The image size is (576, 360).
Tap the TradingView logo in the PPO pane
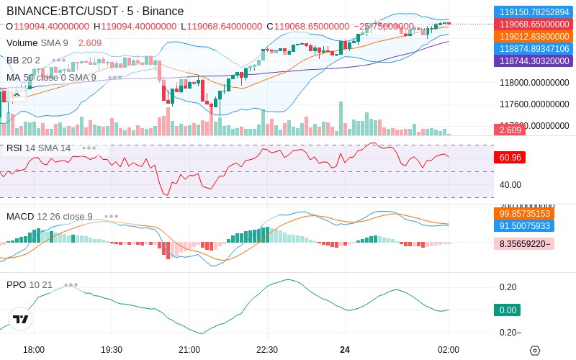(x=21, y=319)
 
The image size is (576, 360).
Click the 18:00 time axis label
(x=34, y=349)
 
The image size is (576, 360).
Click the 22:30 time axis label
(x=267, y=349)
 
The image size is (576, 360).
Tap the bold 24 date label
(x=345, y=349)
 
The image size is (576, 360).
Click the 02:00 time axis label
(x=448, y=349)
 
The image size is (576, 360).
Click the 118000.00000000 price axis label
(x=534, y=84)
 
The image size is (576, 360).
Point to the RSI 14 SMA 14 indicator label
(x=39, y=148)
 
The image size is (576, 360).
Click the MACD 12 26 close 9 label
(x=50, y=216)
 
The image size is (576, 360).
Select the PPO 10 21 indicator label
(x=30, y=284)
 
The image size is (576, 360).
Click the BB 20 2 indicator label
(x=24, y=60)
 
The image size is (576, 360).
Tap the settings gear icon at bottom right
(x=534, y=350)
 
